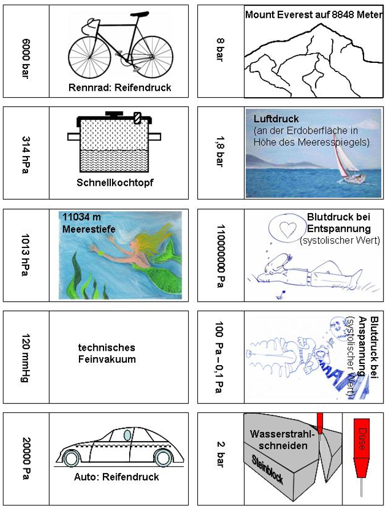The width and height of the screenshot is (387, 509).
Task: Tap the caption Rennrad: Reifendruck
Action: coord(119,87)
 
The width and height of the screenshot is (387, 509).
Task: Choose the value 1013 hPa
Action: coord(25,255)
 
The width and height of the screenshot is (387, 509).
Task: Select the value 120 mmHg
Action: coord(25,358)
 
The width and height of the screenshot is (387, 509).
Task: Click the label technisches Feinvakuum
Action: coord(107,353)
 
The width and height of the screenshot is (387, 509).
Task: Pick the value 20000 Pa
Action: coord(25,459)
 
